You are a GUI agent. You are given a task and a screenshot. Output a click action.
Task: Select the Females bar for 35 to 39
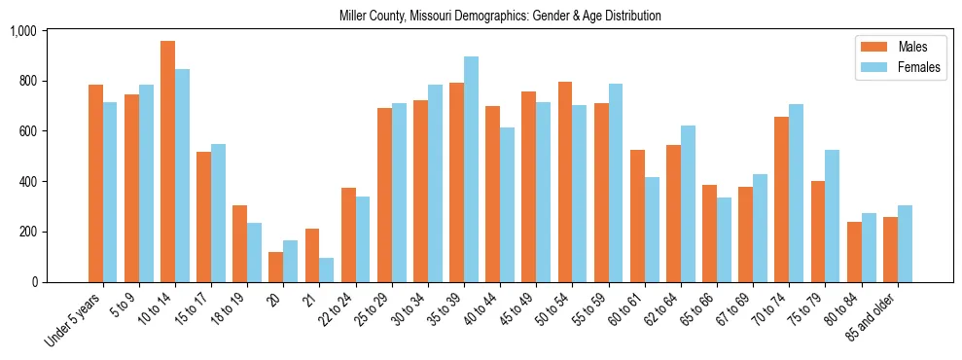(472, 169)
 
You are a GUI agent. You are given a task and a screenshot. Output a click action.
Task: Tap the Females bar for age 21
(327, 270)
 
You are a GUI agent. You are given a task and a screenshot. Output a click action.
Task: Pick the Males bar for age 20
(276, 267)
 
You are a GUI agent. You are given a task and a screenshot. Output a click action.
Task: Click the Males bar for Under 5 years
(95, 183)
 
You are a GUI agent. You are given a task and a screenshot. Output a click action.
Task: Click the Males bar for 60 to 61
(638, 216)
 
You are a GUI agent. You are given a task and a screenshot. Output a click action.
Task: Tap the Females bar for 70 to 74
(797, 193)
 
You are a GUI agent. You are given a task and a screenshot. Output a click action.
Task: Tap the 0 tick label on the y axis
(34, 282)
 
